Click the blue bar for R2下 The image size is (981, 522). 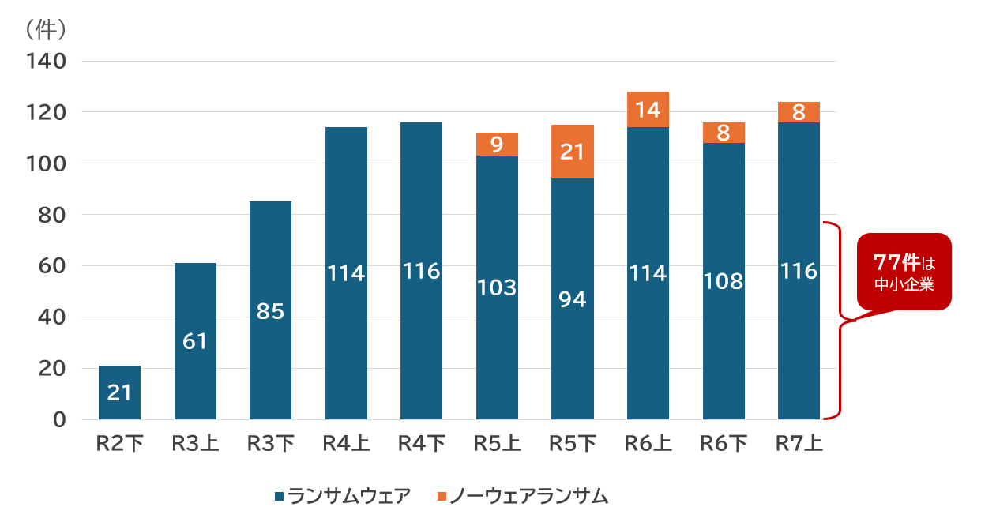tap(119, 392)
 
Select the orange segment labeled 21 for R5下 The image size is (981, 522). tap(573, 152)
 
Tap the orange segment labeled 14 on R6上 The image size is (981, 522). tap(648, 109)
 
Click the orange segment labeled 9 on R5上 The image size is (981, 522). tap(497, 144)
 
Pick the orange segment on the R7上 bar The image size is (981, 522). tap(799, 112)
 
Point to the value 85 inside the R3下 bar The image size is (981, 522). tap(270, 312)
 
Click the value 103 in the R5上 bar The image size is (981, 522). tap(497, 287)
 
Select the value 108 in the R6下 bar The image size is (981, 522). tap(724, 281)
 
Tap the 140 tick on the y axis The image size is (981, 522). tap(46, 61)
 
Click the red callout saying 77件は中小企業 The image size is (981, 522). tap(904, 272)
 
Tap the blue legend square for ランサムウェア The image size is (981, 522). tap(279, 497)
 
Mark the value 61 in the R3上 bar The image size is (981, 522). tap(195, 341)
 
